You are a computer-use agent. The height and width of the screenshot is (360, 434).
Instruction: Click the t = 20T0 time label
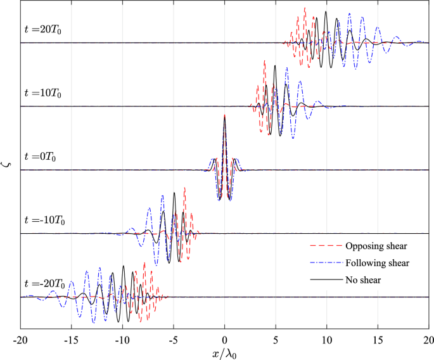click(43, 29)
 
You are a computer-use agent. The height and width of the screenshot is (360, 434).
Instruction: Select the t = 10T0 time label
click(43, 93)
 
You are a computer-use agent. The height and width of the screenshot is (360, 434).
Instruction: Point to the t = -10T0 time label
click(44, 220)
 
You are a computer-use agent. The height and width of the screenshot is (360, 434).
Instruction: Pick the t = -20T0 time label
click(44, 283)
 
